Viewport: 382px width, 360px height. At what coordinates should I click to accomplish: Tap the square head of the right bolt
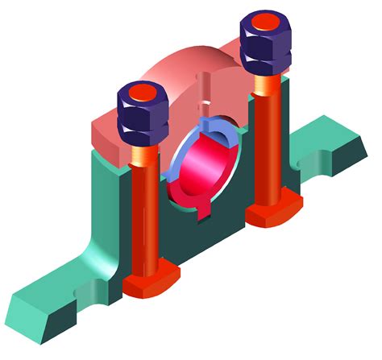[x=272, y=211]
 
